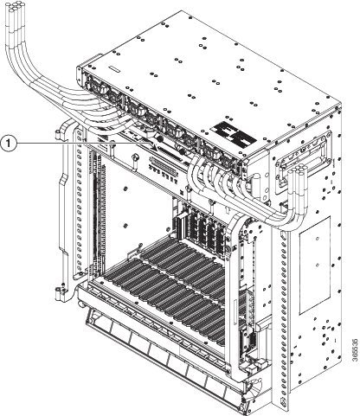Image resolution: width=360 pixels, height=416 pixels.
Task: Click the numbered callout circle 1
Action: coord(10,144)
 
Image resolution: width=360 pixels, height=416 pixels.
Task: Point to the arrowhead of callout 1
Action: coord(155,148)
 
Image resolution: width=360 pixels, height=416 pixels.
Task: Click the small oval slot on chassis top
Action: coord(114,70)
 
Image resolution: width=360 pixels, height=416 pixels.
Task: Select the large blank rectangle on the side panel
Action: coord(315,266)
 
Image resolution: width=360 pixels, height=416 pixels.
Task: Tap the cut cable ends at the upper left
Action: coord(16,8)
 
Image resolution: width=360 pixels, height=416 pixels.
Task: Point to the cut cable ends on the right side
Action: coord(298,172)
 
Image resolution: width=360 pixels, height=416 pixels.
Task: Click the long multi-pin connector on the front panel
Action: coord(166,163)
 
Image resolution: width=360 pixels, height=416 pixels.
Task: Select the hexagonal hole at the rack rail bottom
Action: coord(282,400)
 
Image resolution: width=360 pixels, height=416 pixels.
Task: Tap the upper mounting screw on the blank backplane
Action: coord(125,189)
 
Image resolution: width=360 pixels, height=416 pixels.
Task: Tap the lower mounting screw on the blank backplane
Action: coord(125,225)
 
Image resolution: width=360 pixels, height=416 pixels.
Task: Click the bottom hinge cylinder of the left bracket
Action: coord(60,292)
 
